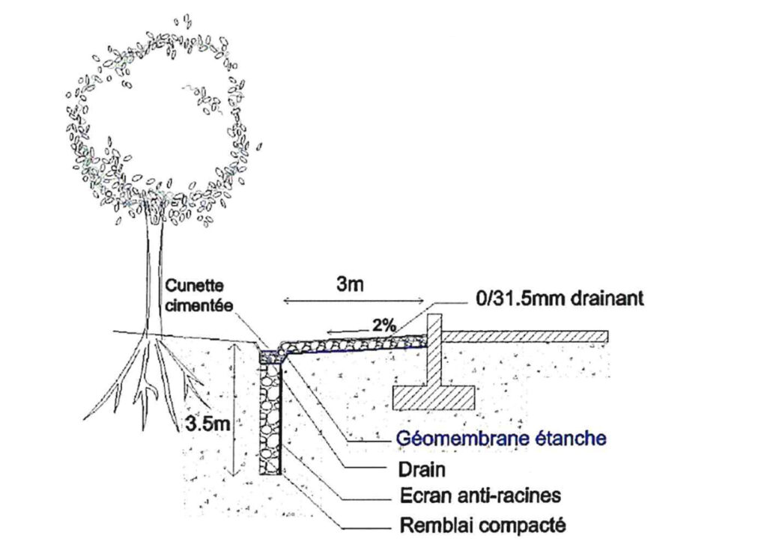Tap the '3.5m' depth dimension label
pyautogui.click(x=205, y=424)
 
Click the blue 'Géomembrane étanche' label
pyautogui.click(x=500, y=438)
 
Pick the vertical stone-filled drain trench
pyautogui.click(x=269, y=419)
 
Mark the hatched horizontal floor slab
pyautogui.click(x=524, y=336)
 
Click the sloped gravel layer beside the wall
pyautogui.click(x=352, y=343)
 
